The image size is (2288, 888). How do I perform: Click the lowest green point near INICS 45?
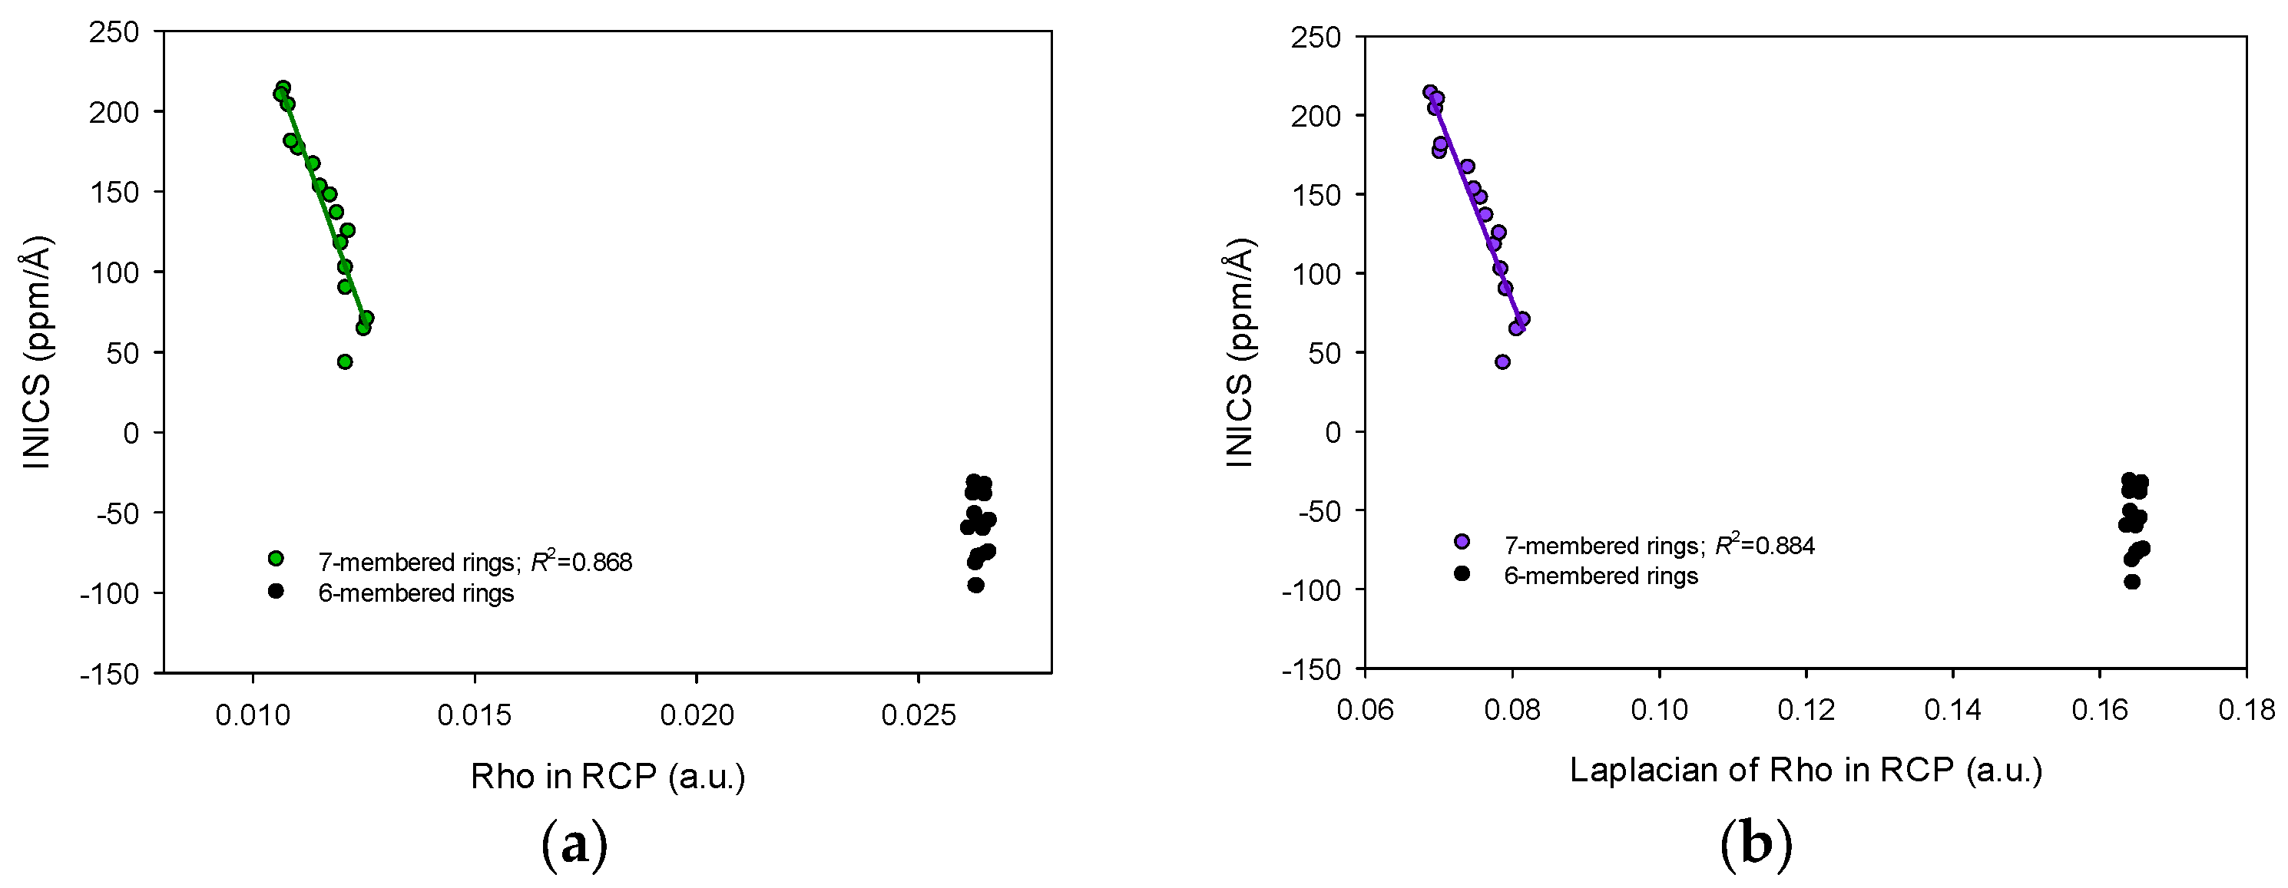pos(345,361)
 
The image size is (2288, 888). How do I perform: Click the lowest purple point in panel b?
pos(1502,361)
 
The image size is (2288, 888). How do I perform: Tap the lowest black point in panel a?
pos(975,585)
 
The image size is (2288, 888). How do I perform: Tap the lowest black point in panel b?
pos(2131,582)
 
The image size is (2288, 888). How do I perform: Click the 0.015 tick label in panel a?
pos(475,715)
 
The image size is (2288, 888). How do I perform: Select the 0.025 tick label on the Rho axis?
pos(918,715)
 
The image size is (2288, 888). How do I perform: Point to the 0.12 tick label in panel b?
pos(1806,709)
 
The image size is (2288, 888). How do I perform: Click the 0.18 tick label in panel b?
pos(2247,709)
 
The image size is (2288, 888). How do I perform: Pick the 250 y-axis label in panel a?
pos(114,32)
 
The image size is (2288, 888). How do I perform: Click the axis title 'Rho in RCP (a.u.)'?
pos(608,776)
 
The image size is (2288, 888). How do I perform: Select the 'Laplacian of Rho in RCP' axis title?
pos(1806,769)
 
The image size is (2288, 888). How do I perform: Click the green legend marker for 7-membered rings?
pos(275,559)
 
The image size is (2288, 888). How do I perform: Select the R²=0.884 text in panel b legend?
pos(1764,545)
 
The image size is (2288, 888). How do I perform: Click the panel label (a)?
pos(574,844)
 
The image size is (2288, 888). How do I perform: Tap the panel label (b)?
pos(1756,844)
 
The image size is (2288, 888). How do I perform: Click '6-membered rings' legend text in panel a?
pos(416,593)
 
